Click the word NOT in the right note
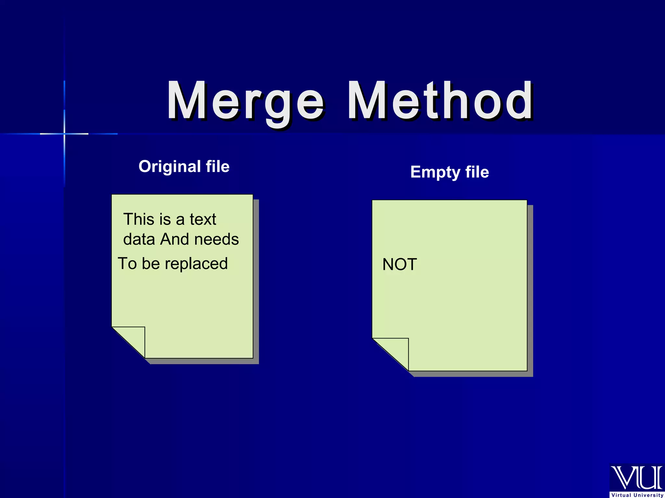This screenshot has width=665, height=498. pos(399,265)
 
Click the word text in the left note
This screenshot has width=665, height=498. pos(203,219)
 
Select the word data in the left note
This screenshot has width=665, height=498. pos(139,239)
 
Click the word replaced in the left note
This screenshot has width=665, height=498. pos(198,264)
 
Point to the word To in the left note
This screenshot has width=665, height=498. pos(127,263)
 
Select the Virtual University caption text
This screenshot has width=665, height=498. pos(637,495)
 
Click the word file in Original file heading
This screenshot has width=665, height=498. pos(218,167)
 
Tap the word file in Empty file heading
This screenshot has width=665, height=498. pos(477,172)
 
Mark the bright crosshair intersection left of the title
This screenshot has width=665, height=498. pos(64,134)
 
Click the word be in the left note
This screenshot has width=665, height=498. pos(151,263)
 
